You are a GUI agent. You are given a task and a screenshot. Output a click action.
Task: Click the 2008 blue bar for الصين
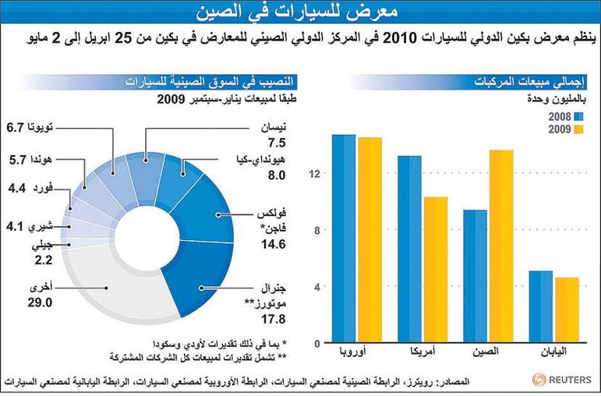[475, 276]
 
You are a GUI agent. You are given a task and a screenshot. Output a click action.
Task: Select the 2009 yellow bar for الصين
[500, 246]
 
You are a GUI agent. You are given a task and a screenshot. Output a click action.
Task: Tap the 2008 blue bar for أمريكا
[409, 249]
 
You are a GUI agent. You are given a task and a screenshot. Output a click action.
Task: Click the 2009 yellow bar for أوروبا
[369, 240]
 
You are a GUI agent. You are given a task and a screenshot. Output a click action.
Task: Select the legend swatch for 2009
[579, 130]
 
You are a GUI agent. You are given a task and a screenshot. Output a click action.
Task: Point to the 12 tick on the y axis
[310, 174]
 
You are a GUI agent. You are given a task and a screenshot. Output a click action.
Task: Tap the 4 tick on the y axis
[310, 287]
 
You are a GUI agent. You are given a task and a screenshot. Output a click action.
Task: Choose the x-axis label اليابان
[553, 352]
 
